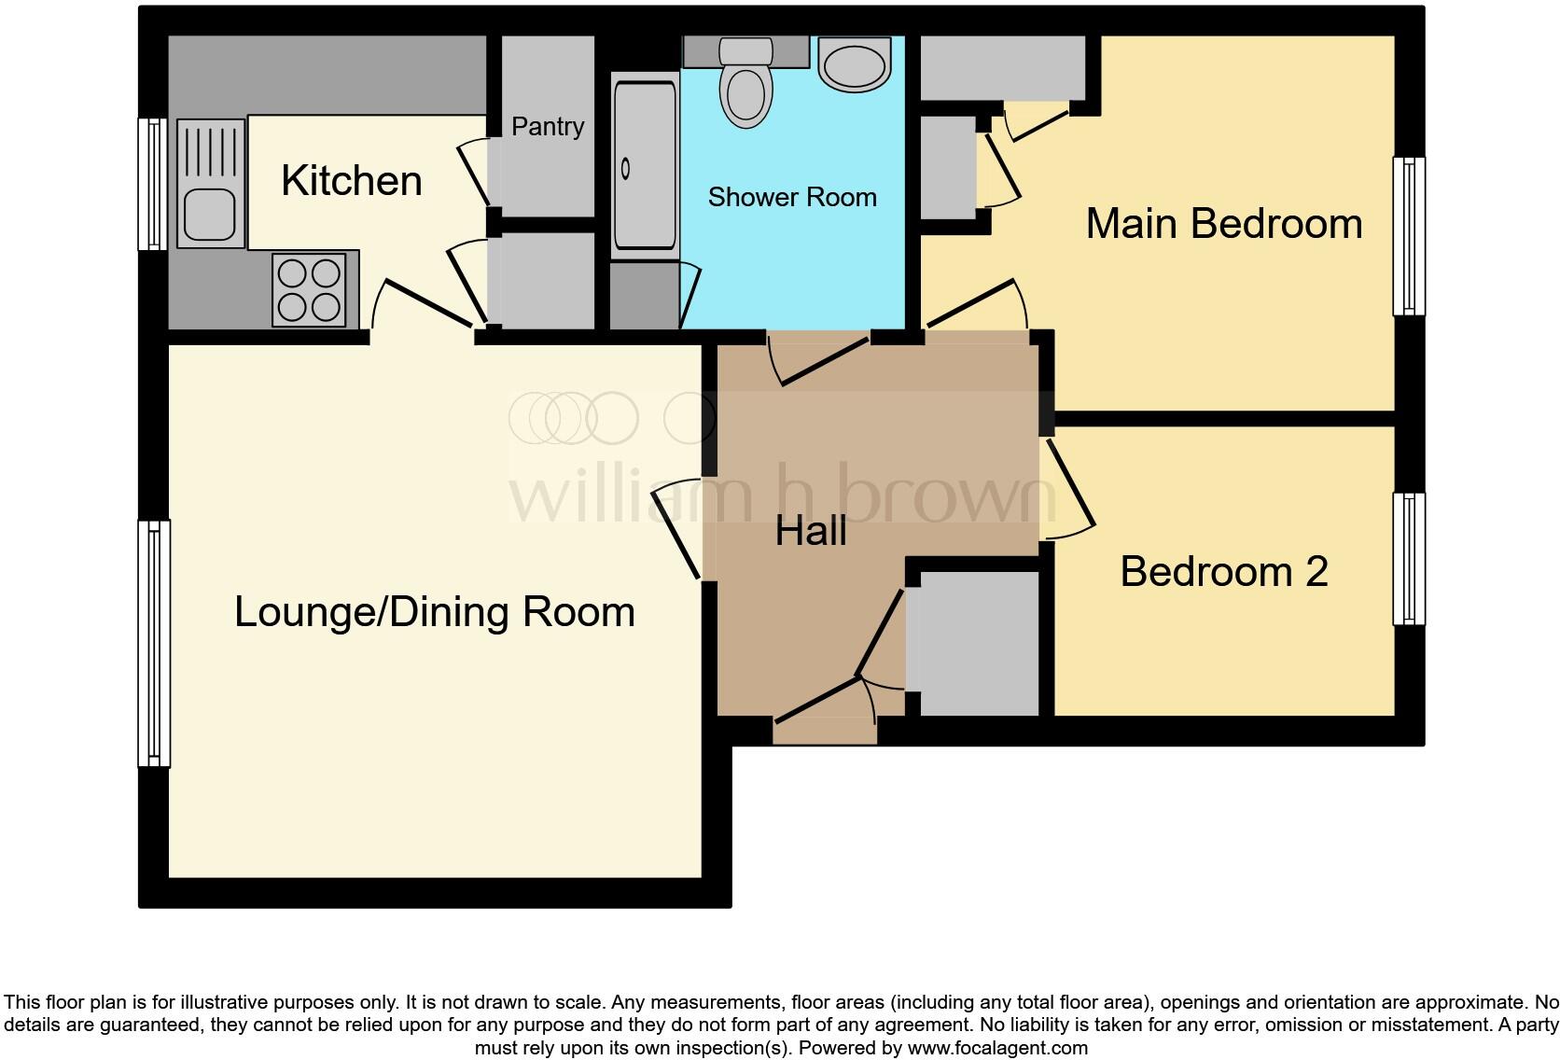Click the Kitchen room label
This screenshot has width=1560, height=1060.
tap(351, 181)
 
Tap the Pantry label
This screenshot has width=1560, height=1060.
tap(548, 127)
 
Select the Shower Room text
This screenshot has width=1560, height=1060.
tap(792, 197)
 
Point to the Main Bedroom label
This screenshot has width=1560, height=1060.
tap(1223, 224)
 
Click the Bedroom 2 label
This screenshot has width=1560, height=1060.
tap(1223, 571)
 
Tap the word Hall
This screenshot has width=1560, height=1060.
tap(811, 531)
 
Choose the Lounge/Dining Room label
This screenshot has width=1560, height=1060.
tap(434, 612)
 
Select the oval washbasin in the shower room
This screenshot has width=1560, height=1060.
tap(854, 64)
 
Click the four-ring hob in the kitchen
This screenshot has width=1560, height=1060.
tap(310, 289)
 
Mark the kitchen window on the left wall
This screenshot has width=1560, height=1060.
tap(152, 184)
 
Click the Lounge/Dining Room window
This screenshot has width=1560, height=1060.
tap(154, 644)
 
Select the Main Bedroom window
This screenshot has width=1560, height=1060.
tap(1409, 236)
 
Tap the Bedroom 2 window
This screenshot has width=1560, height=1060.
tap(1409, 558)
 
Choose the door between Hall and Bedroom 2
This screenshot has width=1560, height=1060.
tap(1069, 490)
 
